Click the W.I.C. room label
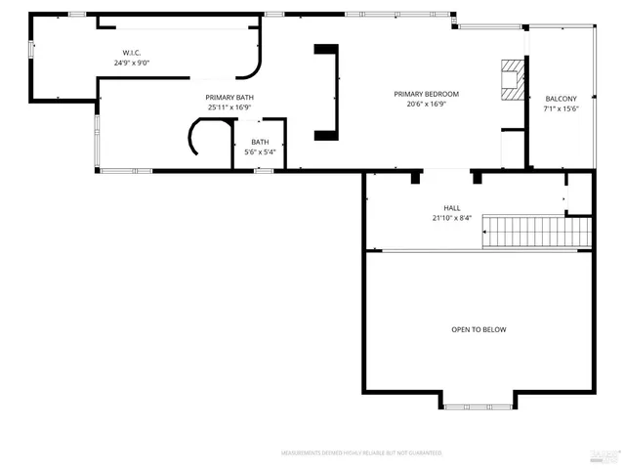[133, 52]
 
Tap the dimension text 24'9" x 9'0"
[133, 63]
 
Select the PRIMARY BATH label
[229, 97]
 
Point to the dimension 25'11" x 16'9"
[229, 107]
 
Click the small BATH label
[260, 142]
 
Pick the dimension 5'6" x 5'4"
[260, 151]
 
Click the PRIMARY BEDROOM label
[426, 94]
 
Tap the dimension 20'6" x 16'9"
[426, 105]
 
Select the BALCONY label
[561, 99]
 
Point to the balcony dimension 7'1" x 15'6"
[561, 109]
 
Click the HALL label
[452, 207]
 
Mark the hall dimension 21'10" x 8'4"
[452, 218]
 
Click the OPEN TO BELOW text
[479, 329]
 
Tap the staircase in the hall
[540, 233]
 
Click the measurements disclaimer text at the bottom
[361, 453]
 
